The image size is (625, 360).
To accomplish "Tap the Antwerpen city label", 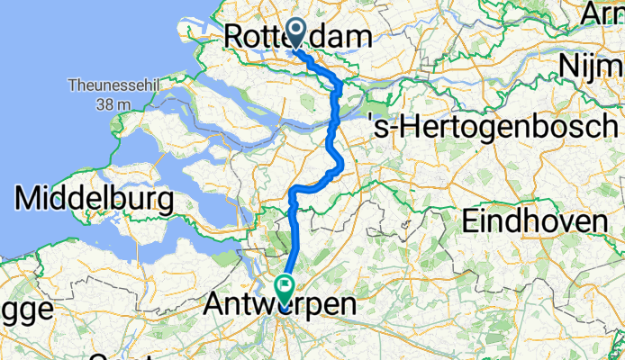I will click(280, 305).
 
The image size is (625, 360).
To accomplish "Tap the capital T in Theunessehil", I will click(70, 87).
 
